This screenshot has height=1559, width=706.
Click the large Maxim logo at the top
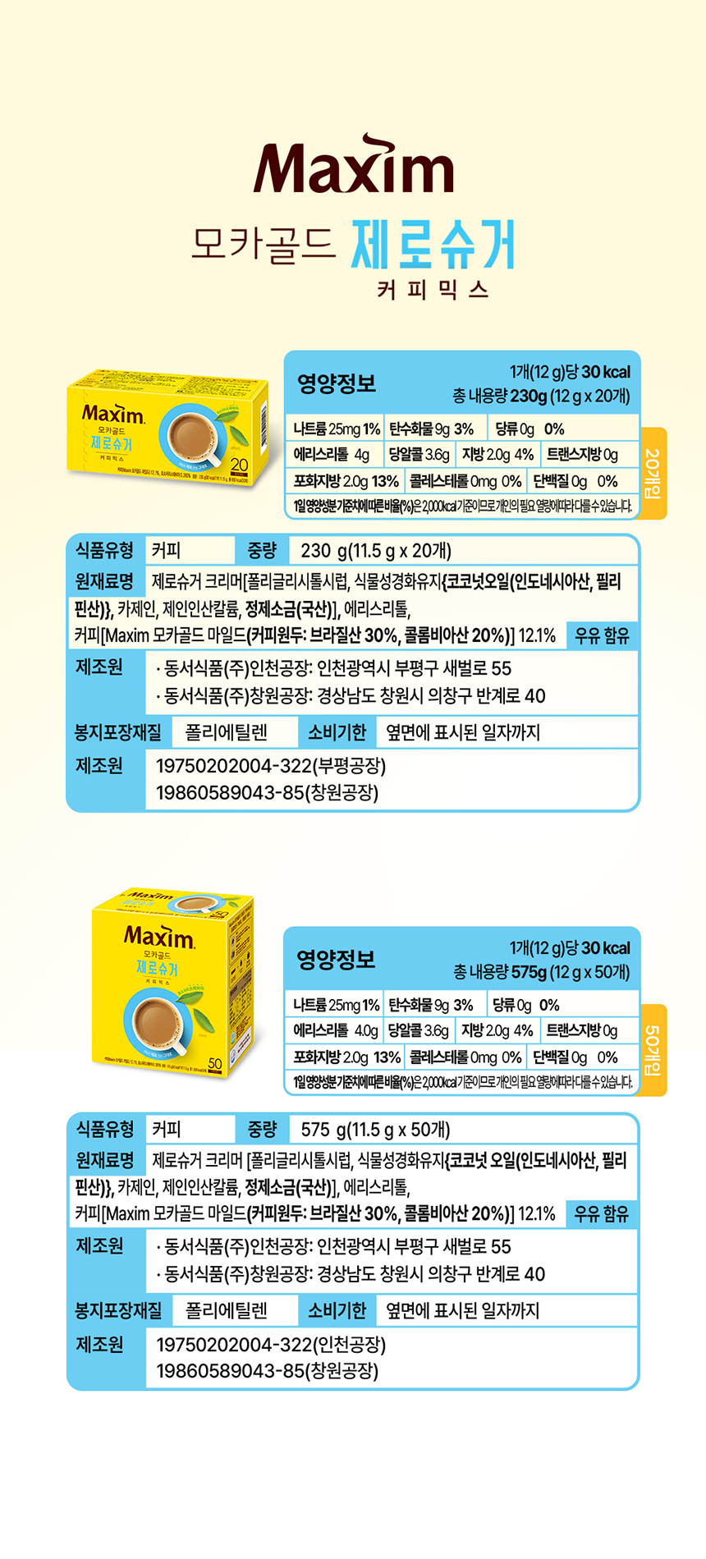(353, 168)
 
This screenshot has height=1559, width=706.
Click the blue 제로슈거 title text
(433, 245)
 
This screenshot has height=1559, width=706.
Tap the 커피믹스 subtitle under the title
(433, 290)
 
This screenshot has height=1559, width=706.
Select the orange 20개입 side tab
(653, 473)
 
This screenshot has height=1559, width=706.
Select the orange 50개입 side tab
(653, 1050)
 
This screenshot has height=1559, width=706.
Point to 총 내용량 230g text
(541, 397)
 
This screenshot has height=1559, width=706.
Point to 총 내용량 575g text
(541, 973)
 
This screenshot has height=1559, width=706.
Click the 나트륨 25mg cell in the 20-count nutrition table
(336, 429)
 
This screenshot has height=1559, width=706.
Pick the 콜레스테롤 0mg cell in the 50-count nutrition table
(465, 1057)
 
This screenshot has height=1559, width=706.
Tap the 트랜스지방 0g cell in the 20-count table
(582, 454)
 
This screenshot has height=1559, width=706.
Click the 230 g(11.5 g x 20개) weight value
(375, 551)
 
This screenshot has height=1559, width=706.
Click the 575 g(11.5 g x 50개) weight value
(375, 1130)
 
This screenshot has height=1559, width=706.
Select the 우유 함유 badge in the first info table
(602, 635)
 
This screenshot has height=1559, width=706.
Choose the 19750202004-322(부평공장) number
(270, 766)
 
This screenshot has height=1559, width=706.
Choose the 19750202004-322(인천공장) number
(270, 1345)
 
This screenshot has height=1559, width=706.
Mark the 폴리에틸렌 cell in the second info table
(226, 1310)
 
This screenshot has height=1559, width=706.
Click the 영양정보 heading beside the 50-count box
(336, 959)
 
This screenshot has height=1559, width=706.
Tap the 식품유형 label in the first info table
(104, 550)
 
